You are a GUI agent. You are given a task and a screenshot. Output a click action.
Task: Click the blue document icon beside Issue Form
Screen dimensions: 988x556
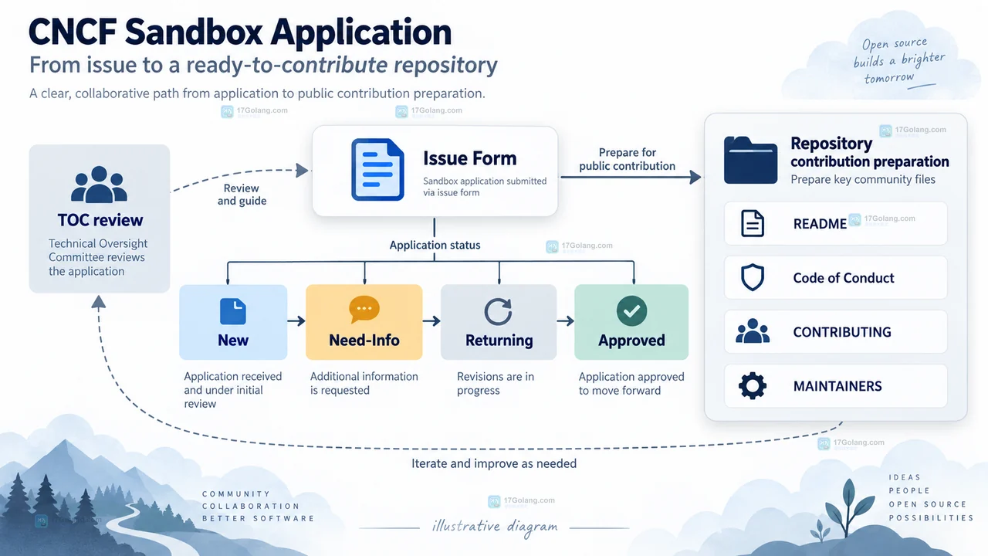(x=377, y=169)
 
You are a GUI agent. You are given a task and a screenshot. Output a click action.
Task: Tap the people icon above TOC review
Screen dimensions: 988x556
(x=100, y=185)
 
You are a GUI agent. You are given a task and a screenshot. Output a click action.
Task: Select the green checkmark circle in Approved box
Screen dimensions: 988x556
(x=631, y=311)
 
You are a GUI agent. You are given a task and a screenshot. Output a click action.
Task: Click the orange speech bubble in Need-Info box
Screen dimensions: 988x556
(x=364, y=310)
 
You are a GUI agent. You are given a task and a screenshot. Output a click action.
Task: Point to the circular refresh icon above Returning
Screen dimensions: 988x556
(x=498, y=312)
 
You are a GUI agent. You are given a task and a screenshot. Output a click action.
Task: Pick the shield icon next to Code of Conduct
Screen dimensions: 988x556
(x=753, y=277)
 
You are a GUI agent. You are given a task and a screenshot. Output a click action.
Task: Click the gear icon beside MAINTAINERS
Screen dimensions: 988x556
(x=753, y=386)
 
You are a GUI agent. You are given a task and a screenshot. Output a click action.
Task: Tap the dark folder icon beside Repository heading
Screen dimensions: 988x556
(x=751, y=160)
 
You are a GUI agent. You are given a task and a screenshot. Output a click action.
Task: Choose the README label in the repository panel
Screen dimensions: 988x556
(x=820, y=224)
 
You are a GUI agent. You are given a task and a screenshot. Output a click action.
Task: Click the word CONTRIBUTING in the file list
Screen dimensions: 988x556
(x=842, y=332)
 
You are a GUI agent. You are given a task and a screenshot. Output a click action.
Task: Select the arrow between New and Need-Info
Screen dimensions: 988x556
(x=296, y=320)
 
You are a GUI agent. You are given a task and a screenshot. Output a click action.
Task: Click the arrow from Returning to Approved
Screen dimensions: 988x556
(x=566, y=320)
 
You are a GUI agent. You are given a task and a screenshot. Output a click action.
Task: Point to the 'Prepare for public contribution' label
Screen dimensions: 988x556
(x=628, y=159)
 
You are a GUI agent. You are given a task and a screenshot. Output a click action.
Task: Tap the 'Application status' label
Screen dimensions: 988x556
(x=435, y=245)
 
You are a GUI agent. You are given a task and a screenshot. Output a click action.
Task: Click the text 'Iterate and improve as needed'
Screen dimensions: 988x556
(x=494, y=463)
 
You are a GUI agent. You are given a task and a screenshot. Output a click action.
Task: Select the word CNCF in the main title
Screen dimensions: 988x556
(x=73, y=32)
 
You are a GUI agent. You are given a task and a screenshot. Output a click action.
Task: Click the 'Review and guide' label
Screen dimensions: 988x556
(x=242, y=195)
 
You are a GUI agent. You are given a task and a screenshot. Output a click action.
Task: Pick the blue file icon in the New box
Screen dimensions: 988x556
(x=233, y=311)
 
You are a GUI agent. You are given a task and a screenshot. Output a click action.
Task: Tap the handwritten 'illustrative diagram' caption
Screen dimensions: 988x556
(x=495, y=527)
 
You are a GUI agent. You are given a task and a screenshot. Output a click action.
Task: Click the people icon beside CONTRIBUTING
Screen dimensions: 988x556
(x=753, y=331)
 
